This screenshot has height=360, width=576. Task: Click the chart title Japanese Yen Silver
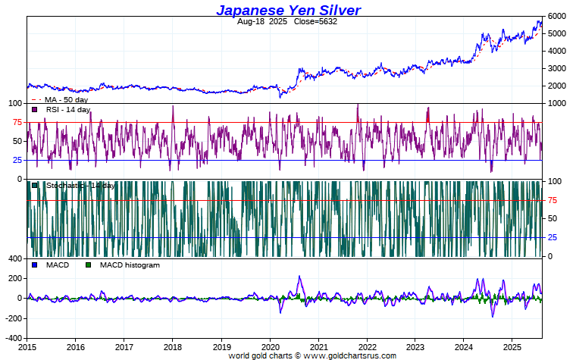pyautogui.click(x=288, y=10)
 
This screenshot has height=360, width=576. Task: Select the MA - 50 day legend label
pyautogui.click(x=67, y=99)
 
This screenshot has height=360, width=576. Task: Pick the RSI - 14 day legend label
pyautogui.click(x=67, y=110)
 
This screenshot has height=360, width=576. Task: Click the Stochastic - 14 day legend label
pyautogui.click(x=80, y=186)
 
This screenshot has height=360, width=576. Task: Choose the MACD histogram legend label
pyautogui.click(x=129, y=265)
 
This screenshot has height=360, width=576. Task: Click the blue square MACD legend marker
pyautogui.click(x=35, y=265)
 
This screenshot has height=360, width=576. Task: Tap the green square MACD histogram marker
pyautogui.click(x=88, y=265)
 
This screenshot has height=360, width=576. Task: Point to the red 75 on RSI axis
pyautogui.click(x=17, y=122)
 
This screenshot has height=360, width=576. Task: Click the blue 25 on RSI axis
pyautogui.click(x=17, y=160)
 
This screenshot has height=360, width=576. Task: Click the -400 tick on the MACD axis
pyautogui.click(x=14, y=337)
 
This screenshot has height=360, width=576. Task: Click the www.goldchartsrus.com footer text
pyautogui.click(x=350, y=355)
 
